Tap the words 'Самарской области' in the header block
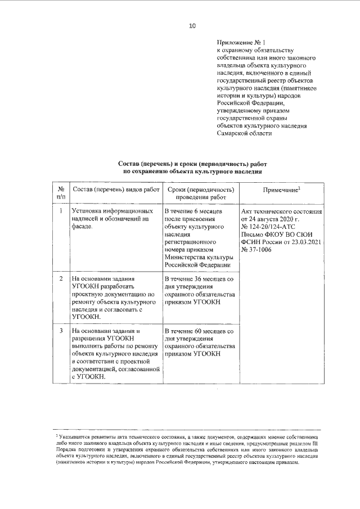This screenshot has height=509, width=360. pos(244,133)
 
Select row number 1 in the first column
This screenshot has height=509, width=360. pos(61,211)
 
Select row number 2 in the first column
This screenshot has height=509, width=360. pos(61,278)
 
